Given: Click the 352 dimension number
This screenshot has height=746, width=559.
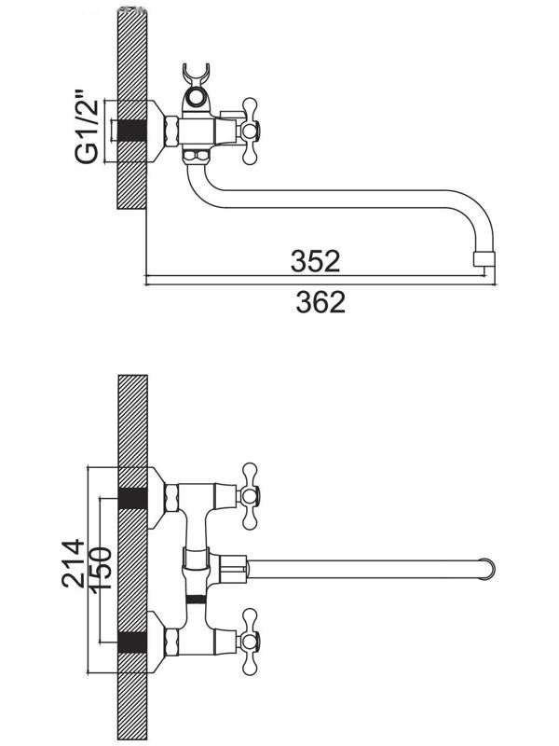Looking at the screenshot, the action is (x=316, y=261).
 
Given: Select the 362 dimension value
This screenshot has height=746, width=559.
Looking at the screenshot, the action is (x=320, y=301).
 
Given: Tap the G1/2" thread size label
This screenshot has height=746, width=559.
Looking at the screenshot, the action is (x=87, y=131).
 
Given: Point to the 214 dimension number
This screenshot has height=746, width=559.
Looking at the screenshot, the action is (x=74, y=564).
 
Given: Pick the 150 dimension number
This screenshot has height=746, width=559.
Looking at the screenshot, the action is (x=101, y=568).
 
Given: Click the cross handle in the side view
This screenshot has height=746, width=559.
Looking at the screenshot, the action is (x=250, y=129).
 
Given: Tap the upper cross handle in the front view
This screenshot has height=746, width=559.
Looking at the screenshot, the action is (x=250, y=496).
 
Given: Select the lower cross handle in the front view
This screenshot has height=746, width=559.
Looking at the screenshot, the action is (x=250, y=642).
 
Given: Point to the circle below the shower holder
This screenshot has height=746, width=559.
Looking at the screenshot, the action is (x=195, y=99).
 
